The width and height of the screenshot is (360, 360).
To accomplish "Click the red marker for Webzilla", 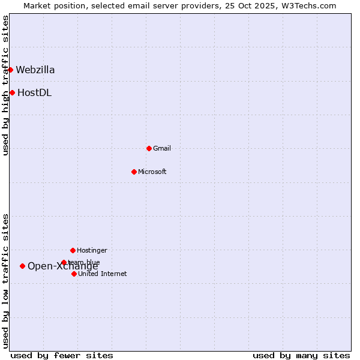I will coord(10,70).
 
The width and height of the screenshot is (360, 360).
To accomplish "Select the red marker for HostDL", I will coord(12,92).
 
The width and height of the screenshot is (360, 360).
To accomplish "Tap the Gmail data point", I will coord(149,148).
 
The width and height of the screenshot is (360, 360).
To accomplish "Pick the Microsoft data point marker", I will coord(134,172).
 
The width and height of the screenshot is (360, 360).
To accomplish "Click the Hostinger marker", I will coord(73,250).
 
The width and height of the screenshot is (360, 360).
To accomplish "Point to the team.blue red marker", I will coord(64,262).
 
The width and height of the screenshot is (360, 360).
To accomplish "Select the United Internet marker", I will coord(74,274).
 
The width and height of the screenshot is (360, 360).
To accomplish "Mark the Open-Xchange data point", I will coord(22,266).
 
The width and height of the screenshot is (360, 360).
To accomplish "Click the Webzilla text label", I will coord(35,70).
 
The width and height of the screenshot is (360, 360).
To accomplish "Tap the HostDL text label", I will coord(34,92).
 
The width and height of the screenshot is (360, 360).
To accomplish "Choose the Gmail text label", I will coord(162,148).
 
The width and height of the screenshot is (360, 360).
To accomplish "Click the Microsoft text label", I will coord(152,172).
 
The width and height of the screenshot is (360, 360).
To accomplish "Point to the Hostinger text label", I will coord(92,250).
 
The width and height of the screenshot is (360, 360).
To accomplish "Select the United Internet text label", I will coord(103,274).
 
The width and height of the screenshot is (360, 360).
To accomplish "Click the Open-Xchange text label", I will coord(63,266).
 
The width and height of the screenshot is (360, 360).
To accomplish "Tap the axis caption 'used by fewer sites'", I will coord(62,355).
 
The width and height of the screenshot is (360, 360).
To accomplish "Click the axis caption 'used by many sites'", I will coord(301,355).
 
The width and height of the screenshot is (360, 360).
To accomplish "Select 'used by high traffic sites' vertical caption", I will coord(6,85).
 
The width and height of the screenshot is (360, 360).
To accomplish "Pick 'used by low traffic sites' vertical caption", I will coord(6,281).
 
